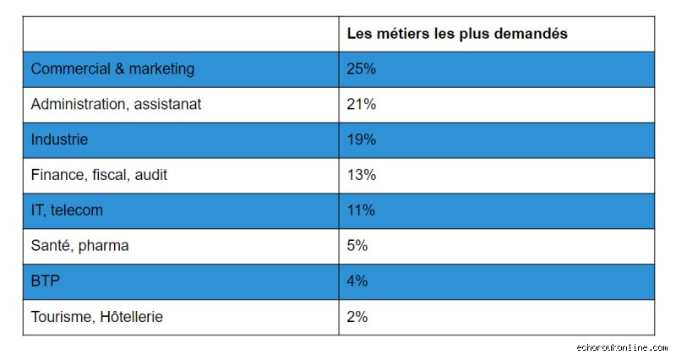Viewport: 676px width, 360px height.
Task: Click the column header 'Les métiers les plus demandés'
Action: click(457, 34)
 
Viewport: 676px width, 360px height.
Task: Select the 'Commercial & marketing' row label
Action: click(112, 69)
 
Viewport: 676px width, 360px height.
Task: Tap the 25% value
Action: click(362, 69)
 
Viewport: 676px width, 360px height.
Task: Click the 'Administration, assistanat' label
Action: click(116, 104)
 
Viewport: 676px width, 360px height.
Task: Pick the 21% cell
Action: click(362, 104)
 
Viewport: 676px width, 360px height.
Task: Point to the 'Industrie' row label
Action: click(59, 139)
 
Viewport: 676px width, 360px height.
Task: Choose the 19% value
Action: click(362, 139)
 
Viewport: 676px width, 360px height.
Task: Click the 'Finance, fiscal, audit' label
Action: click(99, 175)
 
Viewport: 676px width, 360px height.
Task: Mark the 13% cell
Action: click(362, 175)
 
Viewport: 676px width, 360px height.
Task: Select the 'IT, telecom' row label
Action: click(67, 210)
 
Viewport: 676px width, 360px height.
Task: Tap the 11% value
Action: click(362, 210)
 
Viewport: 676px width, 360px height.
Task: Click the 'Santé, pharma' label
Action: click(79, 246)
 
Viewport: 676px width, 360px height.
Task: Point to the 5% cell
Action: click(357, 246)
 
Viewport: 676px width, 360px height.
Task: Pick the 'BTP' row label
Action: click(46, 281)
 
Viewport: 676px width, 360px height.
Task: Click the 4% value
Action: click(357, 281)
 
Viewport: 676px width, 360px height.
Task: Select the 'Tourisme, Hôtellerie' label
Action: click(97, 317)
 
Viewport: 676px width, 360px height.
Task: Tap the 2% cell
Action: click(357, 317)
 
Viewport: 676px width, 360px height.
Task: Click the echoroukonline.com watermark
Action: click(622, 347)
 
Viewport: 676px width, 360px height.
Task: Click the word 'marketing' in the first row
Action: click(161, 69)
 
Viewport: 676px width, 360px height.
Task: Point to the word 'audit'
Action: click(151, 175)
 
